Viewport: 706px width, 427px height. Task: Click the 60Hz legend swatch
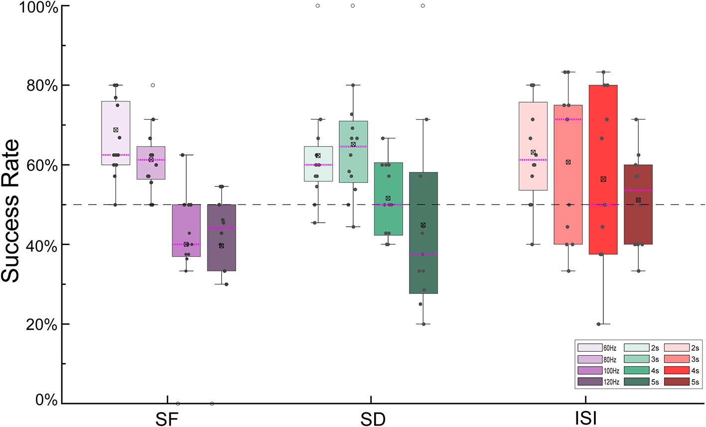pyautogui.click(x=590, y=348)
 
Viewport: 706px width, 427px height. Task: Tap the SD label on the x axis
pyautogui.click(x=373, y=419)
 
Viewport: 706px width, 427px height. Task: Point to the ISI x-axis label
pyautogui.click(x=586, y=419)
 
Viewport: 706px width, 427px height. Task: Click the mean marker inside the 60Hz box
pyautogui.click(x=116, y=130)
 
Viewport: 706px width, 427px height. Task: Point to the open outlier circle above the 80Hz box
pyautogui.click(x=152, y=85)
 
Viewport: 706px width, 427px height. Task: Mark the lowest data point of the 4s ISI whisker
pyautogui.click(x=603, y=324)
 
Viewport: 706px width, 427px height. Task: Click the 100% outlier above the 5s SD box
pyautogui.click(x=423, y=6)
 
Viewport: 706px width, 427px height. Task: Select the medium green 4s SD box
pyautogui.click(x=388, y=219)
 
